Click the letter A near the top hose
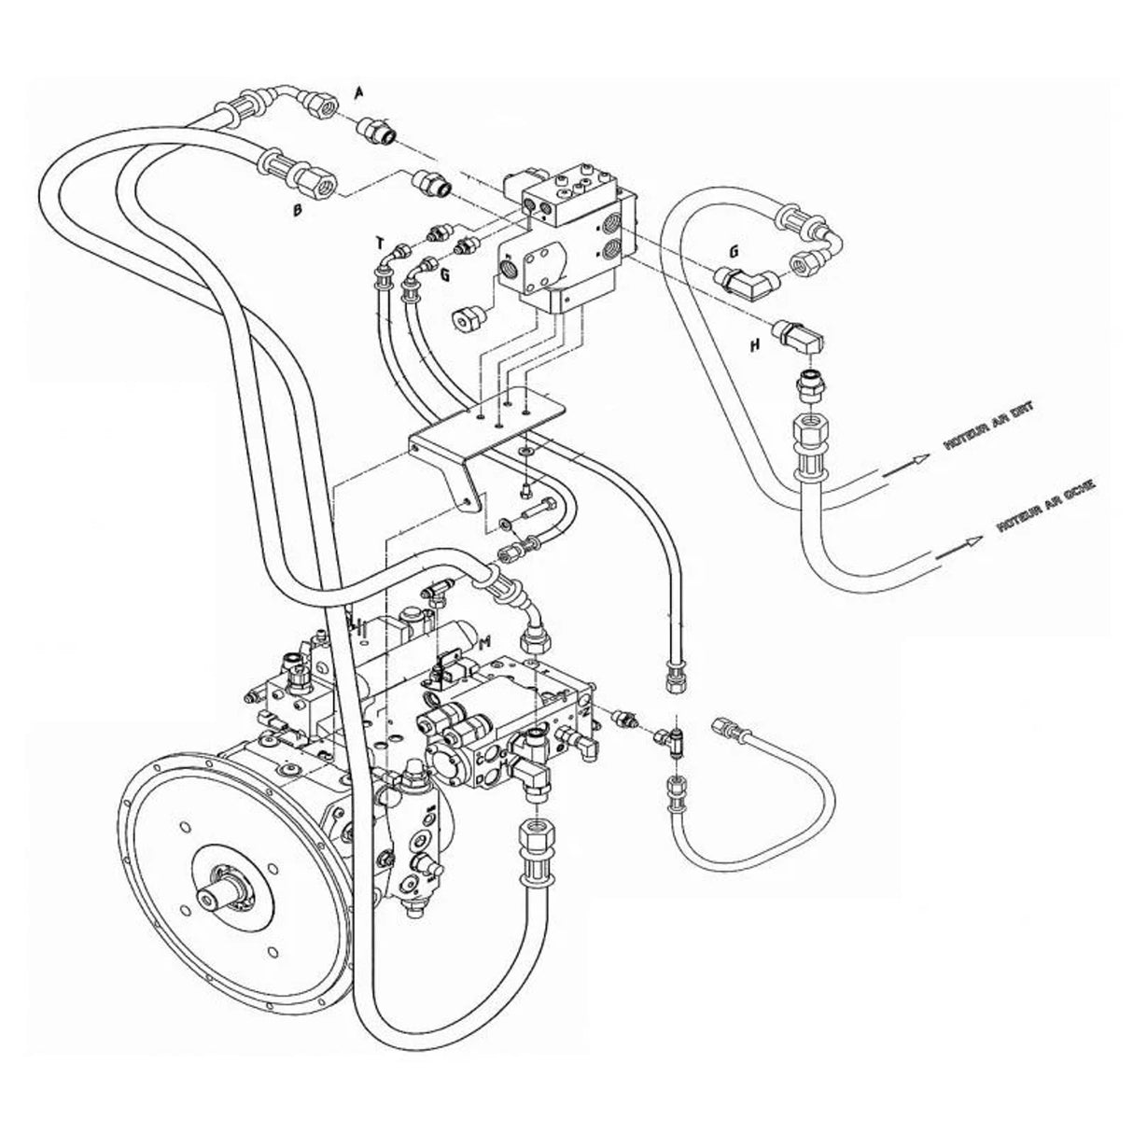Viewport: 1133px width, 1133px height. (359, 91)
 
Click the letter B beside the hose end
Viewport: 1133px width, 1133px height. (298, 211)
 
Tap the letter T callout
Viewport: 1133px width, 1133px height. (380, 244)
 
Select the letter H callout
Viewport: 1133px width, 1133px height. (755, 344)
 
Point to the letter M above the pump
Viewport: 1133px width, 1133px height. (483, 642)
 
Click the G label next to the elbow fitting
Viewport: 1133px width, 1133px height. (734, 250)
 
